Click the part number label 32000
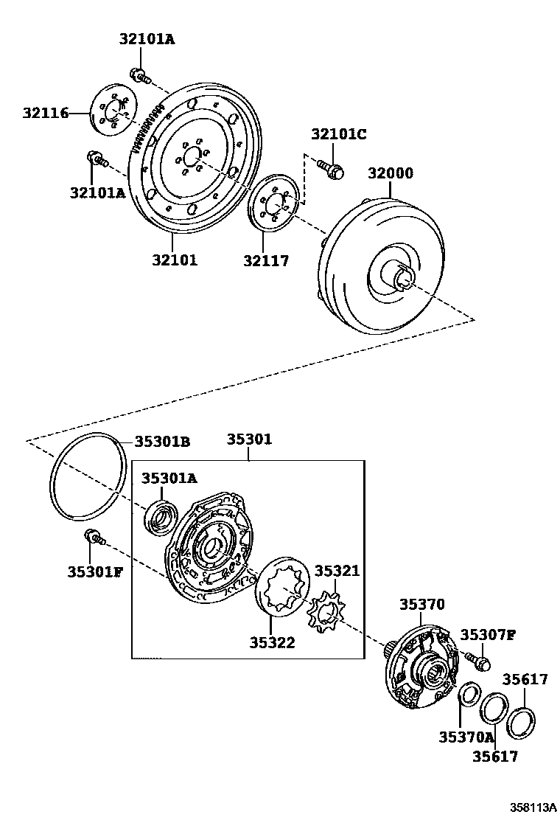point(391,174)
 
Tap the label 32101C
point(338,134)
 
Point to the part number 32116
point(45,113)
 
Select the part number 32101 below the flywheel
point(175,260)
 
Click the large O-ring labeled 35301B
point(87,479)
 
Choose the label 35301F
point(95,571)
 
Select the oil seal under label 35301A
point(160,515)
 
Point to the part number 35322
point(272,642)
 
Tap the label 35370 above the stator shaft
point(422,604)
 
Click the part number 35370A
point(465,736)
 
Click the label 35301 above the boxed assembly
point(249,439)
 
